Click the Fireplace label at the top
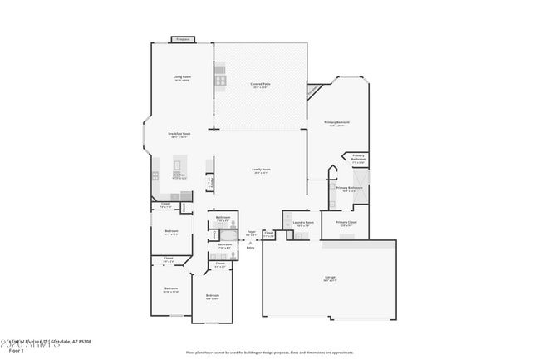(182, 39)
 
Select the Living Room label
(182, 78)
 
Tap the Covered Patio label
(260, 85)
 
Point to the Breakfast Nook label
(179, 135)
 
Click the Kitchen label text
(179, 175)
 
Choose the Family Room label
(262, 170)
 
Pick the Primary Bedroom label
(336, 123)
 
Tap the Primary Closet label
(346, 223)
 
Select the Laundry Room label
(304, 223)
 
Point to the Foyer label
(251, 233)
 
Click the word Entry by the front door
(250, 248)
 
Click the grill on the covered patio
(220, 81)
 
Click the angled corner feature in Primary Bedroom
(315, 90)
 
